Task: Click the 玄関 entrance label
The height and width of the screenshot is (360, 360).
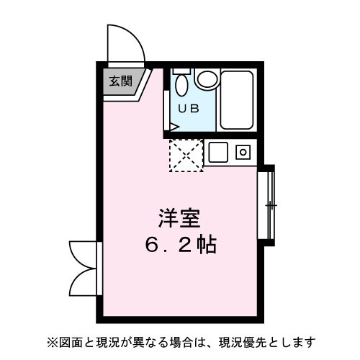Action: click(120, 81)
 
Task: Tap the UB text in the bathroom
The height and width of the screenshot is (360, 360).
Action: click(188, 109)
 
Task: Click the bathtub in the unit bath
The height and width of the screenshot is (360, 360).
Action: click(237, 99)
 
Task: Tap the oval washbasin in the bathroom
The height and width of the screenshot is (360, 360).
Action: click(181, 86)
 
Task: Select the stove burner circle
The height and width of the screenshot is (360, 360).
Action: click(243, 152)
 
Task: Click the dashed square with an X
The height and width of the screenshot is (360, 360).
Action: click(186, 155)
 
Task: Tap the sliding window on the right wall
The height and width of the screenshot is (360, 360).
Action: click(268, 205)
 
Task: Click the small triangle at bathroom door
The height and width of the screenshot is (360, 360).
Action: click(173, 125)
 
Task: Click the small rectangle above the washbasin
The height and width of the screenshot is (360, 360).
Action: click(181, 71)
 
